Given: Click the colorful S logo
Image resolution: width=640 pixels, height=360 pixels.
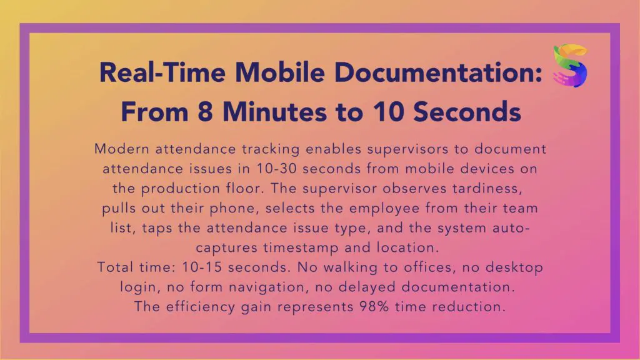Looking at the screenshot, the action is [x=570, y=65].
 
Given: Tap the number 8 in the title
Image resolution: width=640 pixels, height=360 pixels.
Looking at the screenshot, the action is [x=205, y=112].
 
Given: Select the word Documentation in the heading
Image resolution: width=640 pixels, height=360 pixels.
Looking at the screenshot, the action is [x=438, y=72].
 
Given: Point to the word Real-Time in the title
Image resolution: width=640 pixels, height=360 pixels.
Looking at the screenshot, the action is [x=162, y=72].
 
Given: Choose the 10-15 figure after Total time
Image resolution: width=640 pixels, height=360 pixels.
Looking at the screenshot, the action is [x=202, y=267].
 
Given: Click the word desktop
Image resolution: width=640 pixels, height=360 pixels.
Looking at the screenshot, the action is [x=514, y=267].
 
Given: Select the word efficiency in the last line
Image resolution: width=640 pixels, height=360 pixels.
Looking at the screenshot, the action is [x=201, y=307].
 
